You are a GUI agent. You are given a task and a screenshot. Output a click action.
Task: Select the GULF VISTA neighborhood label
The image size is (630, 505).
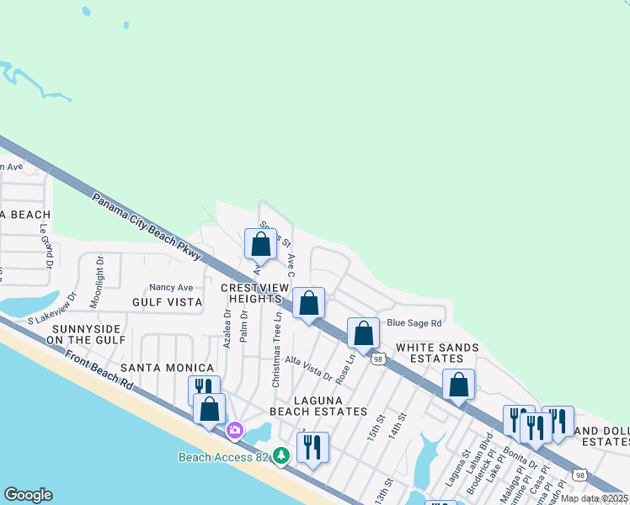tap(167, 301)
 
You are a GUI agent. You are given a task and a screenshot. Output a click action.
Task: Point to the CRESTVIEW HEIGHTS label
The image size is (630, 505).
tap(251, 293)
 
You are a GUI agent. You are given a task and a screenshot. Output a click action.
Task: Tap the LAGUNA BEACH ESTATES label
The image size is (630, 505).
tap(318, 404)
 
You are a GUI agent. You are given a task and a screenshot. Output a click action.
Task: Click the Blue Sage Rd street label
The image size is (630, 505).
tap(414, 323)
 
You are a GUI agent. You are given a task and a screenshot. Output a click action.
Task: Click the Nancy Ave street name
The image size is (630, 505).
tap(171, 287)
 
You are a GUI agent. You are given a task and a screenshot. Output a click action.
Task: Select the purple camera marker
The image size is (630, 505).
tap(234, 430)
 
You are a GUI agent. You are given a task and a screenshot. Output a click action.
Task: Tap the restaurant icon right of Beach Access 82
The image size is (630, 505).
tap(312, 446)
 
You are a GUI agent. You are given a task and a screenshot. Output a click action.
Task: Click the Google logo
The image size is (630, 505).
tap(29, 495)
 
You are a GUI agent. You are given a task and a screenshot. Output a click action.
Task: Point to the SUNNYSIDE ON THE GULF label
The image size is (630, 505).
tap(88, 333)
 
